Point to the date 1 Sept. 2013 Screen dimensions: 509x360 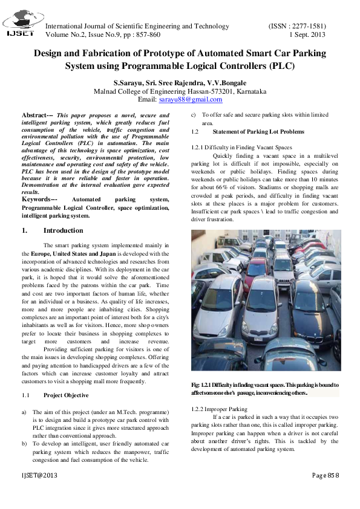coord(308,35)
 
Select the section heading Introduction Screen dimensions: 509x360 coord(64,230)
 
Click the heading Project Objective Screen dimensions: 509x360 coord(66,395)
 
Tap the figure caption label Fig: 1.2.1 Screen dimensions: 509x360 coord(203,384)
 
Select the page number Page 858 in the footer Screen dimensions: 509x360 coord(325,475)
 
